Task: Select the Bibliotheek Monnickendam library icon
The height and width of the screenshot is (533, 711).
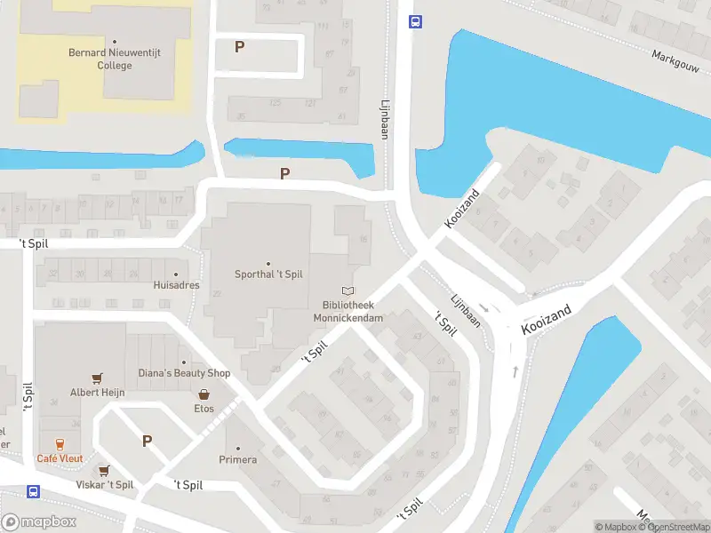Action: tap(348, 290)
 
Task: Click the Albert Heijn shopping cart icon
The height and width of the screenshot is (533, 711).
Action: tap(97, 378)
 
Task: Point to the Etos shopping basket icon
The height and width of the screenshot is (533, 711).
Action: tap(204, 394)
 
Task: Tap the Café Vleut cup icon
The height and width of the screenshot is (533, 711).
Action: tap(60, 444)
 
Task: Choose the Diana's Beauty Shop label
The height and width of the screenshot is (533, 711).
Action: tap(184, 373)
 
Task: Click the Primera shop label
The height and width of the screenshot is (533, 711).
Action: tap(238, 459)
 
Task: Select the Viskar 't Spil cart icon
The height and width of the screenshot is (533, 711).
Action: tap(104, 471)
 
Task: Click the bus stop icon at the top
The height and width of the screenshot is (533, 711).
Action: tap(414, 22)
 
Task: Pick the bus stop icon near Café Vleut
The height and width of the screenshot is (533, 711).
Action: tap(33, 491)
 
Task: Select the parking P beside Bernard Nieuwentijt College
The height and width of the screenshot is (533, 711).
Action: tap(239, 46)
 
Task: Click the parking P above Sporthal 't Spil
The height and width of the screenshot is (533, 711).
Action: tap(284, 174)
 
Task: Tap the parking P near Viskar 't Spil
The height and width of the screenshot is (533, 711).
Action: tap(148, 441)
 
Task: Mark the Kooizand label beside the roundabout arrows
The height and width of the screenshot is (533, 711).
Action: tap(546, 322)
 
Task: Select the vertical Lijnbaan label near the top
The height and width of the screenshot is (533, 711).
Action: tap(385, 118)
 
